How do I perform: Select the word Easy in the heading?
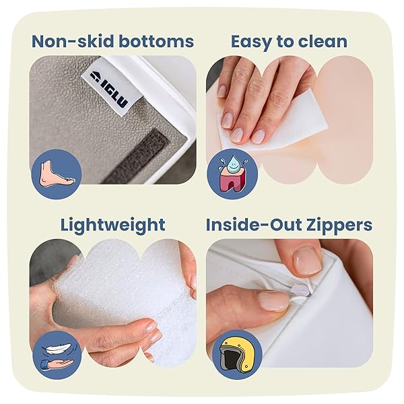(250, 42)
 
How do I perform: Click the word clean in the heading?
(322, 41)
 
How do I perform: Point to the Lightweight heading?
(113, 226)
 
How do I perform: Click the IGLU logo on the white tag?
(109, 89)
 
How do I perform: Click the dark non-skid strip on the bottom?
(137, 156)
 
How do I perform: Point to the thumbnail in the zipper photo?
(273, 301)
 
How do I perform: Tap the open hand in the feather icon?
(57, 364)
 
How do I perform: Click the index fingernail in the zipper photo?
(307, 260)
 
